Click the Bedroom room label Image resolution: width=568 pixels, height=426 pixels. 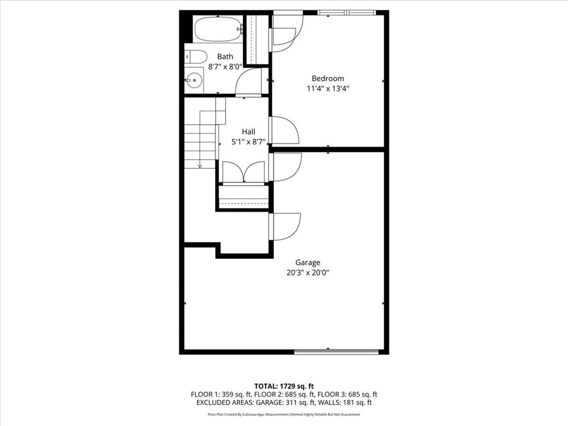click(x=327, y=78)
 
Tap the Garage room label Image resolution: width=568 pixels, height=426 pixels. click(x=307, y=262)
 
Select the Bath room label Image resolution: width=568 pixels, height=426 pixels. click(x=225, y=57)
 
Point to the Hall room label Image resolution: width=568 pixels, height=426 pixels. click(x=248, y=131)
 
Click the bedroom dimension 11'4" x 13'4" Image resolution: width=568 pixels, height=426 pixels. click(x=327, y=88)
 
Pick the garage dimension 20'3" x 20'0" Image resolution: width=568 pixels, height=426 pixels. click(x=307, y=272)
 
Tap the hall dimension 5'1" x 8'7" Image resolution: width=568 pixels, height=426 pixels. click(x=248, y=141)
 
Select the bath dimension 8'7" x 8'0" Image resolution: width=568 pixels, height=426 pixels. click(x=225, y=67)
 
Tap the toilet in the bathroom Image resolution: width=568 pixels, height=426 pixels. click(x=195, y=56)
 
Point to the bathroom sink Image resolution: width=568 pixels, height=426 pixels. click(x=194, y=81)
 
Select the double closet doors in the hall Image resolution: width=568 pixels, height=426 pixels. click(x=244, y=171)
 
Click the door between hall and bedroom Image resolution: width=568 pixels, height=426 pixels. click(x=284, y=131)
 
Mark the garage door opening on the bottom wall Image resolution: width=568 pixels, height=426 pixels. click(x=336, y=351)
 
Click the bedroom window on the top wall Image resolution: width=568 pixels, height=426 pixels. click(x=347, y=12)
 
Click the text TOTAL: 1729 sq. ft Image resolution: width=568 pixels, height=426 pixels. click(x=283, y=386)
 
